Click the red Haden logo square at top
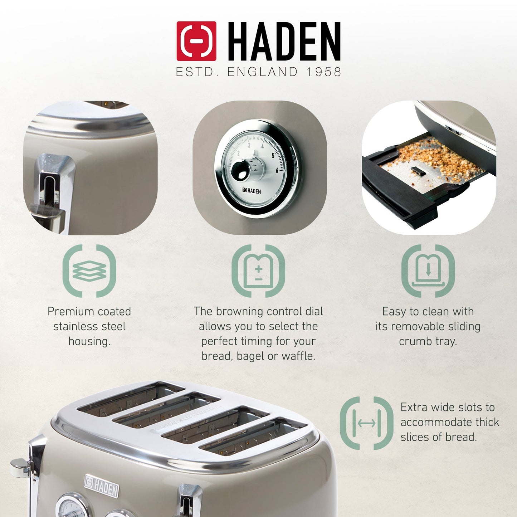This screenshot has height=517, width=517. click(196, 41)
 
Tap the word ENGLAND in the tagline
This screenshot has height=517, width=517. click(263, 72)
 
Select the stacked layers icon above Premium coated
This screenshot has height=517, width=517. click(89, 271)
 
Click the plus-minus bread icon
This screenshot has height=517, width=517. click(258, 271)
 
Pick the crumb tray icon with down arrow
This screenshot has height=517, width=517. click(428, 271)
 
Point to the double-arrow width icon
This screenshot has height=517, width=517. click(366, 423)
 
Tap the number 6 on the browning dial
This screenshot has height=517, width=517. click(277, 171)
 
